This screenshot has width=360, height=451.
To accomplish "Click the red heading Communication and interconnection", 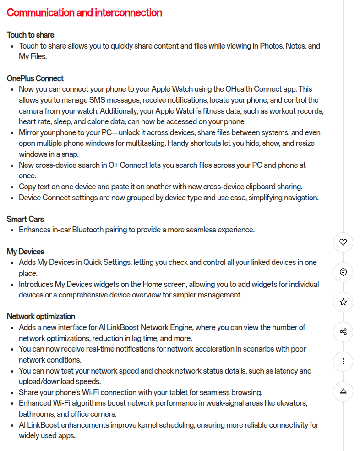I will (x=84, y=12).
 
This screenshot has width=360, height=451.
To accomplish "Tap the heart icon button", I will (x=343, y=242).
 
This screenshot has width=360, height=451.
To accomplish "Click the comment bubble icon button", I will (x=343, y=272).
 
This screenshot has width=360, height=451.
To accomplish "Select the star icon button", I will (x=343, y=302).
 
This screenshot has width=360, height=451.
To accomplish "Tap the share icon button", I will (x=343, y=332).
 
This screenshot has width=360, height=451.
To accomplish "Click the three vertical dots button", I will (x=343, y=362).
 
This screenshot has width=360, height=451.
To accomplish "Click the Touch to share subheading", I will (x=30, y=35).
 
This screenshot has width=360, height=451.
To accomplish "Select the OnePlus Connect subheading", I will (x=35, y=78).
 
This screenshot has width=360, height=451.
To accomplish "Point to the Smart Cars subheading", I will (x=25, y=219).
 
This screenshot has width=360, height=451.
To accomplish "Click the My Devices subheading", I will (x=26, y=252).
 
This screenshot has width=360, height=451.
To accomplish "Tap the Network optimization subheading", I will (x=41, y=317).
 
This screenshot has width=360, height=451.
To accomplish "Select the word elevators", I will (x=291, y=403).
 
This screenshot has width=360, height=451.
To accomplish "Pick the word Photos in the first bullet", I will (x=271, y=46).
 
